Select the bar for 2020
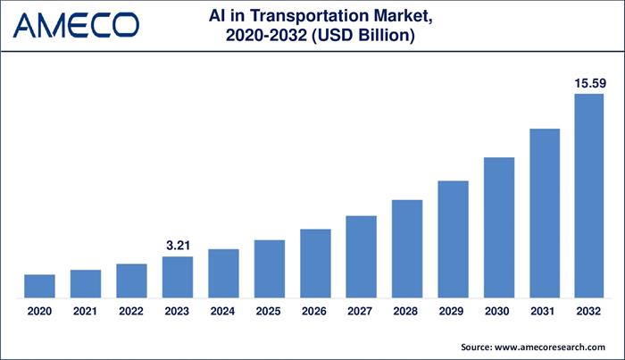click(39, 286)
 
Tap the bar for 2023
click(177, 277)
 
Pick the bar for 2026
click(315, 264)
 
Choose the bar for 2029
click(453, 239)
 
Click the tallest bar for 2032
click(590, 196)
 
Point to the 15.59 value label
click(590, 83)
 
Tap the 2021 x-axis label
click(86, 311)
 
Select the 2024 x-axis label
click(223, 311)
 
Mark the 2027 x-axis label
click(361, 311)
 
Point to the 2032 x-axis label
click(590, 311)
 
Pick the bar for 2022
click(131, 280)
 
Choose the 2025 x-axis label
click(269, 311)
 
